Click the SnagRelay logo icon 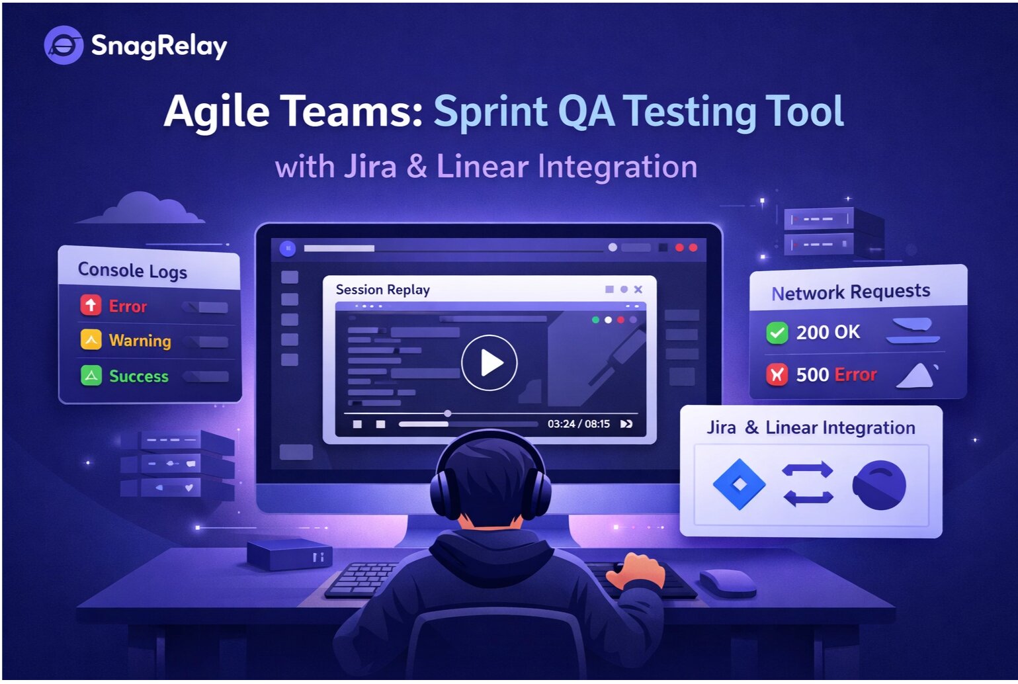click(64, 45)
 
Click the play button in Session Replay click(489, 363)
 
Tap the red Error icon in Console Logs click(91, 305)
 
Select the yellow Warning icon click(91, 339)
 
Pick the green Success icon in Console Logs click(91, 375)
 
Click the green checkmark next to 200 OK click(777, 332)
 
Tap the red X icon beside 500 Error click(777, 374)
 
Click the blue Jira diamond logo click(739, 484)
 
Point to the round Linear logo click(879, 485)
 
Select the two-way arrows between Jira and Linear click(808, 484)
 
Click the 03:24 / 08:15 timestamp click(578, 424)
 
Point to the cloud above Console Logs click(142, 208)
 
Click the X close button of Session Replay click(638, 289)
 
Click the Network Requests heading click(851, 292)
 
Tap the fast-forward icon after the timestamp click(626, 424)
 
